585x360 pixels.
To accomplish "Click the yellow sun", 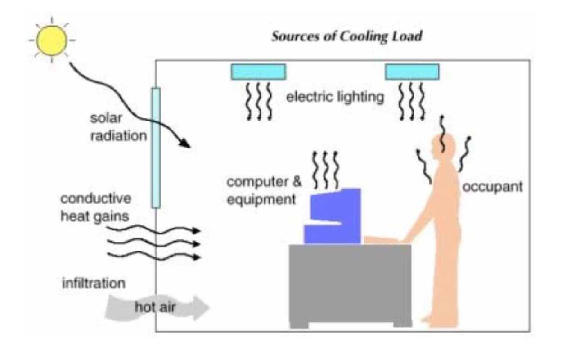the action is point(52,40).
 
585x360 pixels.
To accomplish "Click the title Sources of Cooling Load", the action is point(347,36).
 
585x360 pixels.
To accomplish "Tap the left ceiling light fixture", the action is point(258,72).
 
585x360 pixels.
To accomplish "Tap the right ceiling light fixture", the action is point(412,72).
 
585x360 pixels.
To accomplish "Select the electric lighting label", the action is point(335,97).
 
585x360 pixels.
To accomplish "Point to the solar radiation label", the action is point(118,127).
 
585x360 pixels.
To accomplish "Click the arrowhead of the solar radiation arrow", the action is point(185,143).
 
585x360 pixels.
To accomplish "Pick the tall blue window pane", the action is point(156,148).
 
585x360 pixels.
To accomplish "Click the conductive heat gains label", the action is point(96,207).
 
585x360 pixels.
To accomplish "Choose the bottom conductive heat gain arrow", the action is point(153,256).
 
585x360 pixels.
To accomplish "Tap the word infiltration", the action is point(94,283).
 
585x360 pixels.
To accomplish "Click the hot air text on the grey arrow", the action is point(155,307).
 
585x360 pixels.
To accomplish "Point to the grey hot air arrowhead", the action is point(201,308).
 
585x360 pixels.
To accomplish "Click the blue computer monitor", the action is point(333,216).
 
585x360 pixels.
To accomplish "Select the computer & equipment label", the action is point(264,190).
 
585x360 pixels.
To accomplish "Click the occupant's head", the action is point(443,147).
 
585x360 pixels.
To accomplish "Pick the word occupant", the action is point(493,187).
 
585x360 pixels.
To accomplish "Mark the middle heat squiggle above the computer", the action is point(325,170).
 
